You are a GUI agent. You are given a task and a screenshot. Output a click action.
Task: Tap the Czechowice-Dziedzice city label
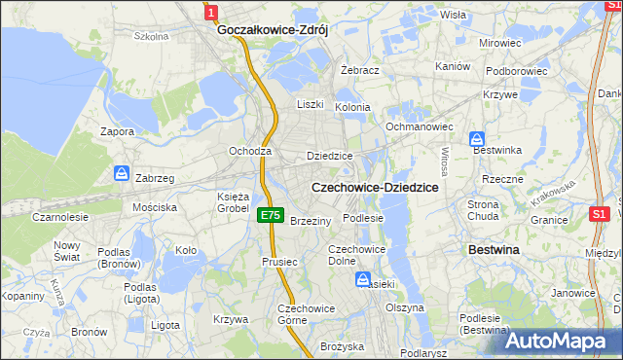tap(374, 187)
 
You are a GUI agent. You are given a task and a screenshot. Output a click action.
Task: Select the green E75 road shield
tap(271, 216)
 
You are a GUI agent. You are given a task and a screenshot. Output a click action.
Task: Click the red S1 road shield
tap(600, 214)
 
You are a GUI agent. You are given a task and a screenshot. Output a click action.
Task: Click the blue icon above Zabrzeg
tap(122, 173)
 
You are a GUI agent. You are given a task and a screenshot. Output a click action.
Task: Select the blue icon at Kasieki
tap(362, 280)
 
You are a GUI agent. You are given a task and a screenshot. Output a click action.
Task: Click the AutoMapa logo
tap(564, 340)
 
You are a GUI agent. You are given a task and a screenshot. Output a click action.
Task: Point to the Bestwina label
tap(495, 250)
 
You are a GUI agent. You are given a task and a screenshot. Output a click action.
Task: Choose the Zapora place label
tap(117, 130)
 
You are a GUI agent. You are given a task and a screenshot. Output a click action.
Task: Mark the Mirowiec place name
tap(500, 44)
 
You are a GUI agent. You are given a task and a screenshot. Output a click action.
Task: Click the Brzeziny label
tap(311, 221)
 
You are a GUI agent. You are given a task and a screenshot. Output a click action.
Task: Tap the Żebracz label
tap(359, 71)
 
